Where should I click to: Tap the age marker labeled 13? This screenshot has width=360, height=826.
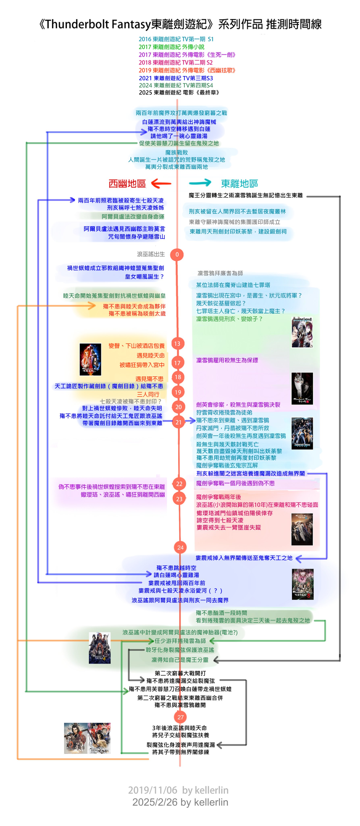pos(177,343)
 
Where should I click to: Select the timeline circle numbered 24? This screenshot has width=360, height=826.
pos(180,547)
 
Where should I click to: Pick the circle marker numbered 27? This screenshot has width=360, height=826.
pos(180,717)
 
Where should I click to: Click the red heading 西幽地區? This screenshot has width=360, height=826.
pos(127,184)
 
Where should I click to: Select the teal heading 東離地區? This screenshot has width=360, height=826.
pos(239,184)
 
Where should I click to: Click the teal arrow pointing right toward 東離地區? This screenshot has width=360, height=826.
pos(200,183)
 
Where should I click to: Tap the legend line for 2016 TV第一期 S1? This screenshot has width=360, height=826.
pos(176,39)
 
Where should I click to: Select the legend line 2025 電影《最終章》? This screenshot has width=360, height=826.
pos(179,92)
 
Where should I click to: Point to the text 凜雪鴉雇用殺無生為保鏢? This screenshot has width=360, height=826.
pos(227,360)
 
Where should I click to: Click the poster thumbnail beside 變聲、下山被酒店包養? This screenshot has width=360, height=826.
pos(90,359)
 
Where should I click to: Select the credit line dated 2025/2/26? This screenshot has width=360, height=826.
pos(180,802)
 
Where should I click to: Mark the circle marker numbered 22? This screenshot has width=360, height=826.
pos(179,484)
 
